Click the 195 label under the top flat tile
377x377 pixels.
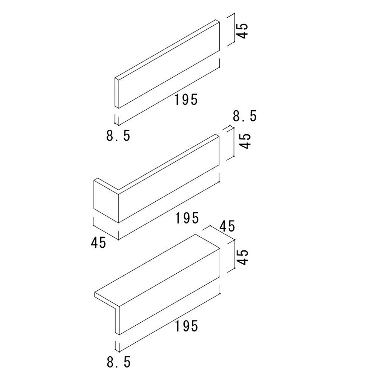pos(186,99)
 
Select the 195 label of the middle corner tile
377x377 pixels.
pos(186,218)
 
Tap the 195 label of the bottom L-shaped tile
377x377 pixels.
pos(186,326)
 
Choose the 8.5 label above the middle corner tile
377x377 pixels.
pos(245,116)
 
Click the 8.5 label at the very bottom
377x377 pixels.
pos(118,363)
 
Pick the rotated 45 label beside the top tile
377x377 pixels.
pos(243,30)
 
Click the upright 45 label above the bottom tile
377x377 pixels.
pos(227,226)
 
